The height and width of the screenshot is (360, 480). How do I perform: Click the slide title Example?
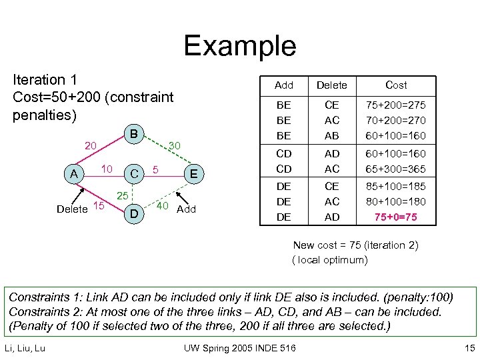tap(240, 45)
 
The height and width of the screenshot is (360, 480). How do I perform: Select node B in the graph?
tap(134, 134)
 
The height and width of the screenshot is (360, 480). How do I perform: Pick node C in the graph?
tap(134, 175)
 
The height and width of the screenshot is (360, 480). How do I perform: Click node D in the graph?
tap(134, 214)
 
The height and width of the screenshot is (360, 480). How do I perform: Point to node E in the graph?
tap(194, 175)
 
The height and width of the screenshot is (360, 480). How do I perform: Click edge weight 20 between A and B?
tap(91, 145)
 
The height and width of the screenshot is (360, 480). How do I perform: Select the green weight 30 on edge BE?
tap(175, 145)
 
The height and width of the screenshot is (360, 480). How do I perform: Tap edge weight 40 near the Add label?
tap(163, 205)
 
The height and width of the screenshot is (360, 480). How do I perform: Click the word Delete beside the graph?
tap(72, 209)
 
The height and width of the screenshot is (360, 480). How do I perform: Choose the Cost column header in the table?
tap(396, 85)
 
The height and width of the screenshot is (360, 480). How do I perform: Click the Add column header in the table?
tap(284, 85)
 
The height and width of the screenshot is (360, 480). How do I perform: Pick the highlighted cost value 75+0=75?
tap(396, 217)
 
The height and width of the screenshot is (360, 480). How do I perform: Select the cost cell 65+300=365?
tap(396, 169)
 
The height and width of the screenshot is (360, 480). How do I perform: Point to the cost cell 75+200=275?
tap(396, 105)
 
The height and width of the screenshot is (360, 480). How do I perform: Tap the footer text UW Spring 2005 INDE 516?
tap(239, 347)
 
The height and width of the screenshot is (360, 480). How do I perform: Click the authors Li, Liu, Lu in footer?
tap(25, 347)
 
